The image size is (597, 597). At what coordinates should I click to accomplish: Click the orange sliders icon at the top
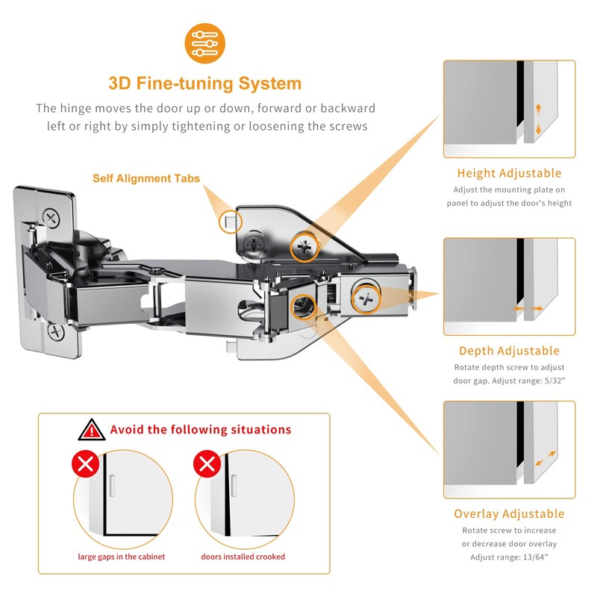[204, 43]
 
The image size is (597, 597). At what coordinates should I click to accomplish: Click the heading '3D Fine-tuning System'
[204, 84]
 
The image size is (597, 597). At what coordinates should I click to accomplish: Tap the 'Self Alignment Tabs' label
[146, 178]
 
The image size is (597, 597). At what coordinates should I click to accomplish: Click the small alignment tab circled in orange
[230, 222]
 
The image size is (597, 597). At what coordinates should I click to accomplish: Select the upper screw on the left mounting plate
[51, 218]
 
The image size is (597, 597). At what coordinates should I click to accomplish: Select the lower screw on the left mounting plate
[57, 331]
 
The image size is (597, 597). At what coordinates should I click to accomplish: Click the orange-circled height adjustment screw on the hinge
[304, 247]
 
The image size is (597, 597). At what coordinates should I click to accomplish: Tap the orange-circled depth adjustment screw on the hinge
[366, 299]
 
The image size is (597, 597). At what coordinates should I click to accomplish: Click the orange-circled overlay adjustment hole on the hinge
[303, 307]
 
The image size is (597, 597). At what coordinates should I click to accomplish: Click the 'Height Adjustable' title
[509, 173]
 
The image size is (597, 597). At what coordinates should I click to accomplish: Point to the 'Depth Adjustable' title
[509, 351]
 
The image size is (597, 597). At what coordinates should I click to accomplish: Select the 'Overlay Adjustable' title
[509, 513]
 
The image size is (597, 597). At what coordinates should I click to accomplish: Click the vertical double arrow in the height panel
[538, 119]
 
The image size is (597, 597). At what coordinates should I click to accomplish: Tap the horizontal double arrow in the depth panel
[528, 308]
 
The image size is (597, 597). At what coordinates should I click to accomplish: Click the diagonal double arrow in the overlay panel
[546, 458]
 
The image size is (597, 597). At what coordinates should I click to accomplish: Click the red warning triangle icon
[92, 431]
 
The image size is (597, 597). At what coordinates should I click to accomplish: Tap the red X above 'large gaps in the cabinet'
[86, 463]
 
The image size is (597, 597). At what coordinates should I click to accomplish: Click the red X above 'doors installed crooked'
[207, 463]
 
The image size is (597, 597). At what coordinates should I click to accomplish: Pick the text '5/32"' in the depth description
[554, 381]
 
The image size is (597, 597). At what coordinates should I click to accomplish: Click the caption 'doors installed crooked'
[243, 557]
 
